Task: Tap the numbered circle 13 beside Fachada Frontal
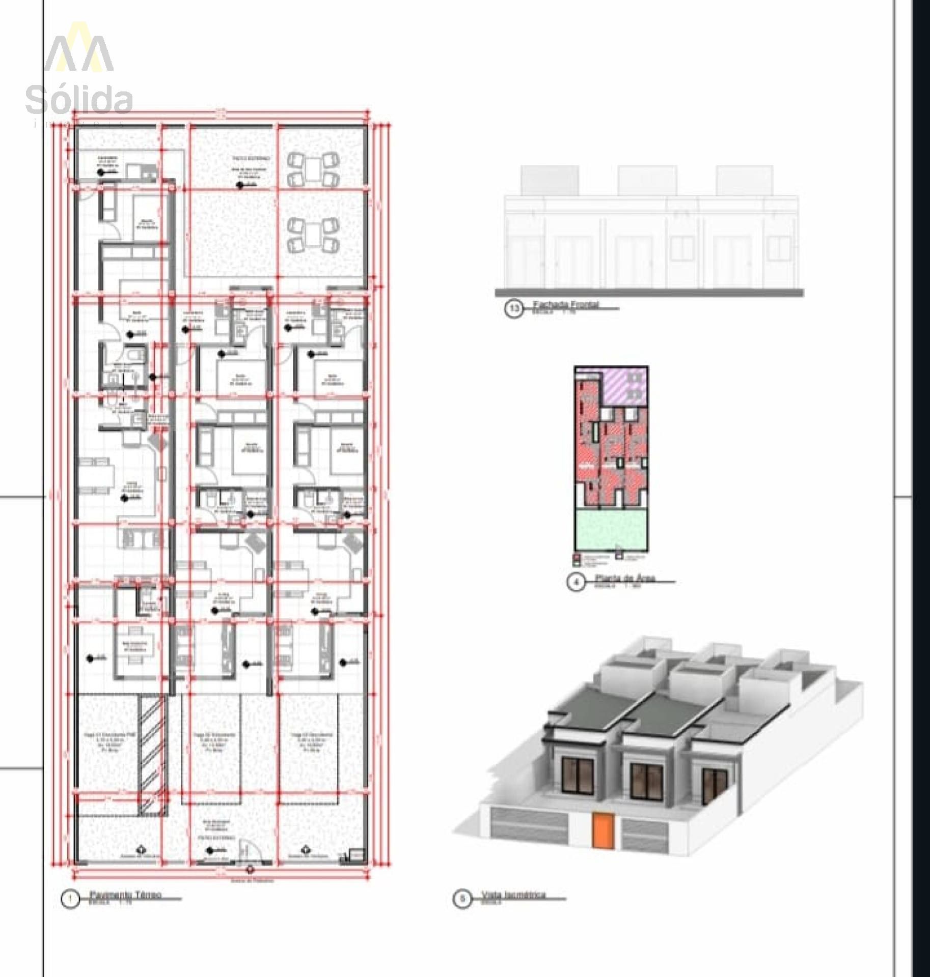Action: click(x=514, y=308)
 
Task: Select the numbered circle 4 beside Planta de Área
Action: click(x=576, y=582)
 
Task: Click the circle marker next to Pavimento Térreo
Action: click(x=70, y=899)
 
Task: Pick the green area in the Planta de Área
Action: click(x=611, y=529)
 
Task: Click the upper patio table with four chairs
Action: click(x=313, y=169)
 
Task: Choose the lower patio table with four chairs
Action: click(x=313, y=235)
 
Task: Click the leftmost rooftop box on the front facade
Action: click(x=549, y=180)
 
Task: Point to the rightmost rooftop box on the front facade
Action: click(x=744, y=180)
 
